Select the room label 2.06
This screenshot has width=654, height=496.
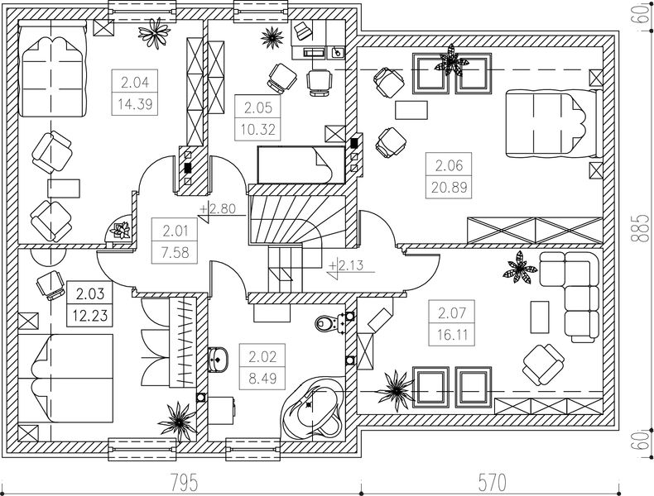pyautogui.click(x=449, y=165)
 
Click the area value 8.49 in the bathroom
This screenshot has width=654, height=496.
pyautogui.click(x=263, y=381)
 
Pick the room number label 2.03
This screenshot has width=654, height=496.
pyautogui.click(x=91, y=293)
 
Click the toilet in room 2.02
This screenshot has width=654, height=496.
pyautogui.click(x=329, y=322)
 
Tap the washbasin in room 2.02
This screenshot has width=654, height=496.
pyautogui.click(x=219, y=357)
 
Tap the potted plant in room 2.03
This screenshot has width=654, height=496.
pyautogui.click(x=177, y=418)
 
